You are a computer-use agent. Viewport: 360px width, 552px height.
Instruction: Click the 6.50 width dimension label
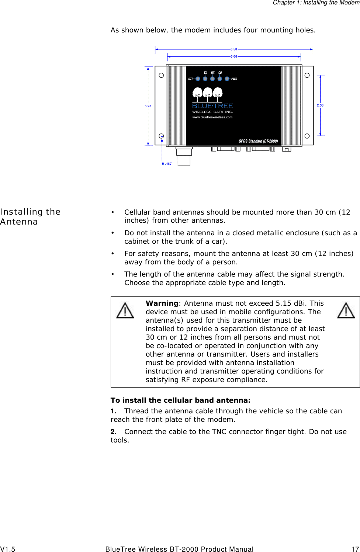tap(234, 49)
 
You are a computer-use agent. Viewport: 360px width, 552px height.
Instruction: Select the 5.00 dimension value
tap(234, 56)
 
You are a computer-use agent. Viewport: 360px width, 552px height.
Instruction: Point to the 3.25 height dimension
tap(148, 106)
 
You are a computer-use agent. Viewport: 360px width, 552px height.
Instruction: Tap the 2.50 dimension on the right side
tap(320, 105)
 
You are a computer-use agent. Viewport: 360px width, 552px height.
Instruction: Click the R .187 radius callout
tap(167, 164)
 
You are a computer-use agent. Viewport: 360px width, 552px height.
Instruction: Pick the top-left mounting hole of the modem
tap(161, 76)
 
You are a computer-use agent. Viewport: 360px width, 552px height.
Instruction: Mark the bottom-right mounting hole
tap(307, 136)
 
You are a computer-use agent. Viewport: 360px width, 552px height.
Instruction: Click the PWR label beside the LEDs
tap(234, 79)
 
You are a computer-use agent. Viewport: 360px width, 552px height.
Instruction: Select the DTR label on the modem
tap(191, 79)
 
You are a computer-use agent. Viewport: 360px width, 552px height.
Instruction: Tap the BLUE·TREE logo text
tap(212, 106)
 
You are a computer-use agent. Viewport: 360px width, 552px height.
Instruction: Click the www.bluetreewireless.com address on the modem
tap(212, 117)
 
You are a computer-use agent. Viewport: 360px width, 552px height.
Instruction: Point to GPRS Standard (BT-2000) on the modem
tap(258, 141)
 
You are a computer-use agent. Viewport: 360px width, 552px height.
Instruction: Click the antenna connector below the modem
tap(184, 157)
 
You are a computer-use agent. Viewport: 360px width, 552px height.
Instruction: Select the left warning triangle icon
tap(125, 310)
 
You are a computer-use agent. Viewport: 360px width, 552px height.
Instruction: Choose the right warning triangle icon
tap(346, 310)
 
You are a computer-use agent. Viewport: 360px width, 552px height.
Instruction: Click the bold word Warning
tap(162, 303)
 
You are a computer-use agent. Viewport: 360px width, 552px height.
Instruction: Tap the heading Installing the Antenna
tap(30, 217)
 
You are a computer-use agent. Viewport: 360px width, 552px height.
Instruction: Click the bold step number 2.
tap(113, 431)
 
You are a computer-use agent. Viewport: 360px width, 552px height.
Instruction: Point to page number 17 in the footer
tap(355, 549)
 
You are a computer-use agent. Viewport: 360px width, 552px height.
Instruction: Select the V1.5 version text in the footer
tap(8, 549)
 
